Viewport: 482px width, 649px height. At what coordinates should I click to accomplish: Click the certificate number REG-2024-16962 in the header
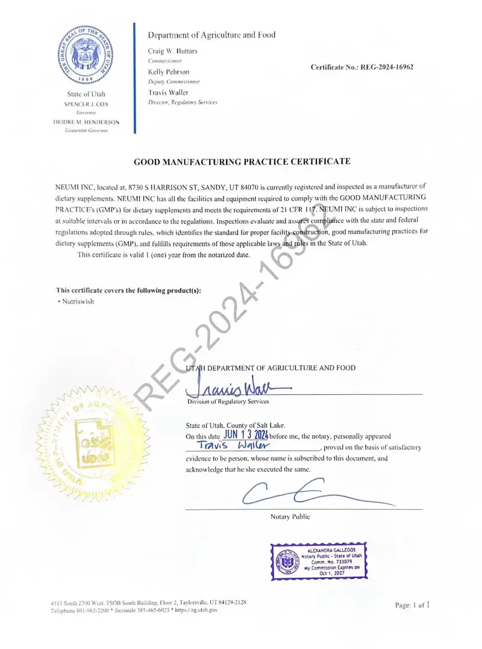pyautogui.click(x=361, y=67)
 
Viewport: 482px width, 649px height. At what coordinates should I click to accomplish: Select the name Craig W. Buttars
pyautogui.click(x=172, y=51)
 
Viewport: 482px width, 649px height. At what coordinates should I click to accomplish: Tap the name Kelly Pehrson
pyautogui.click(x=169, y=72)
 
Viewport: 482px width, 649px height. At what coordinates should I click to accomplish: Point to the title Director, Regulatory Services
pyautogui.click(x=183, y=102)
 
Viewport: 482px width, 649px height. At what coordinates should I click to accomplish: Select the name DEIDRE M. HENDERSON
pyautogui.click(x=86, y=122)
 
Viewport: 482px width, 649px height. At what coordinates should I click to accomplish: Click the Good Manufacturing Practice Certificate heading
pyautogui.click(x=241, y=162)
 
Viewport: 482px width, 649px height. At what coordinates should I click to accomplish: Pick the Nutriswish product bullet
pyautogui.click(x=76, y=301)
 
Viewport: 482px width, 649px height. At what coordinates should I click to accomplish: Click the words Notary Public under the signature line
pyautogui.click(x=290, y=517)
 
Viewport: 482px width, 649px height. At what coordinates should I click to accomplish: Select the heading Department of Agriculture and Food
pyautogui.click(x=211, y=35)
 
